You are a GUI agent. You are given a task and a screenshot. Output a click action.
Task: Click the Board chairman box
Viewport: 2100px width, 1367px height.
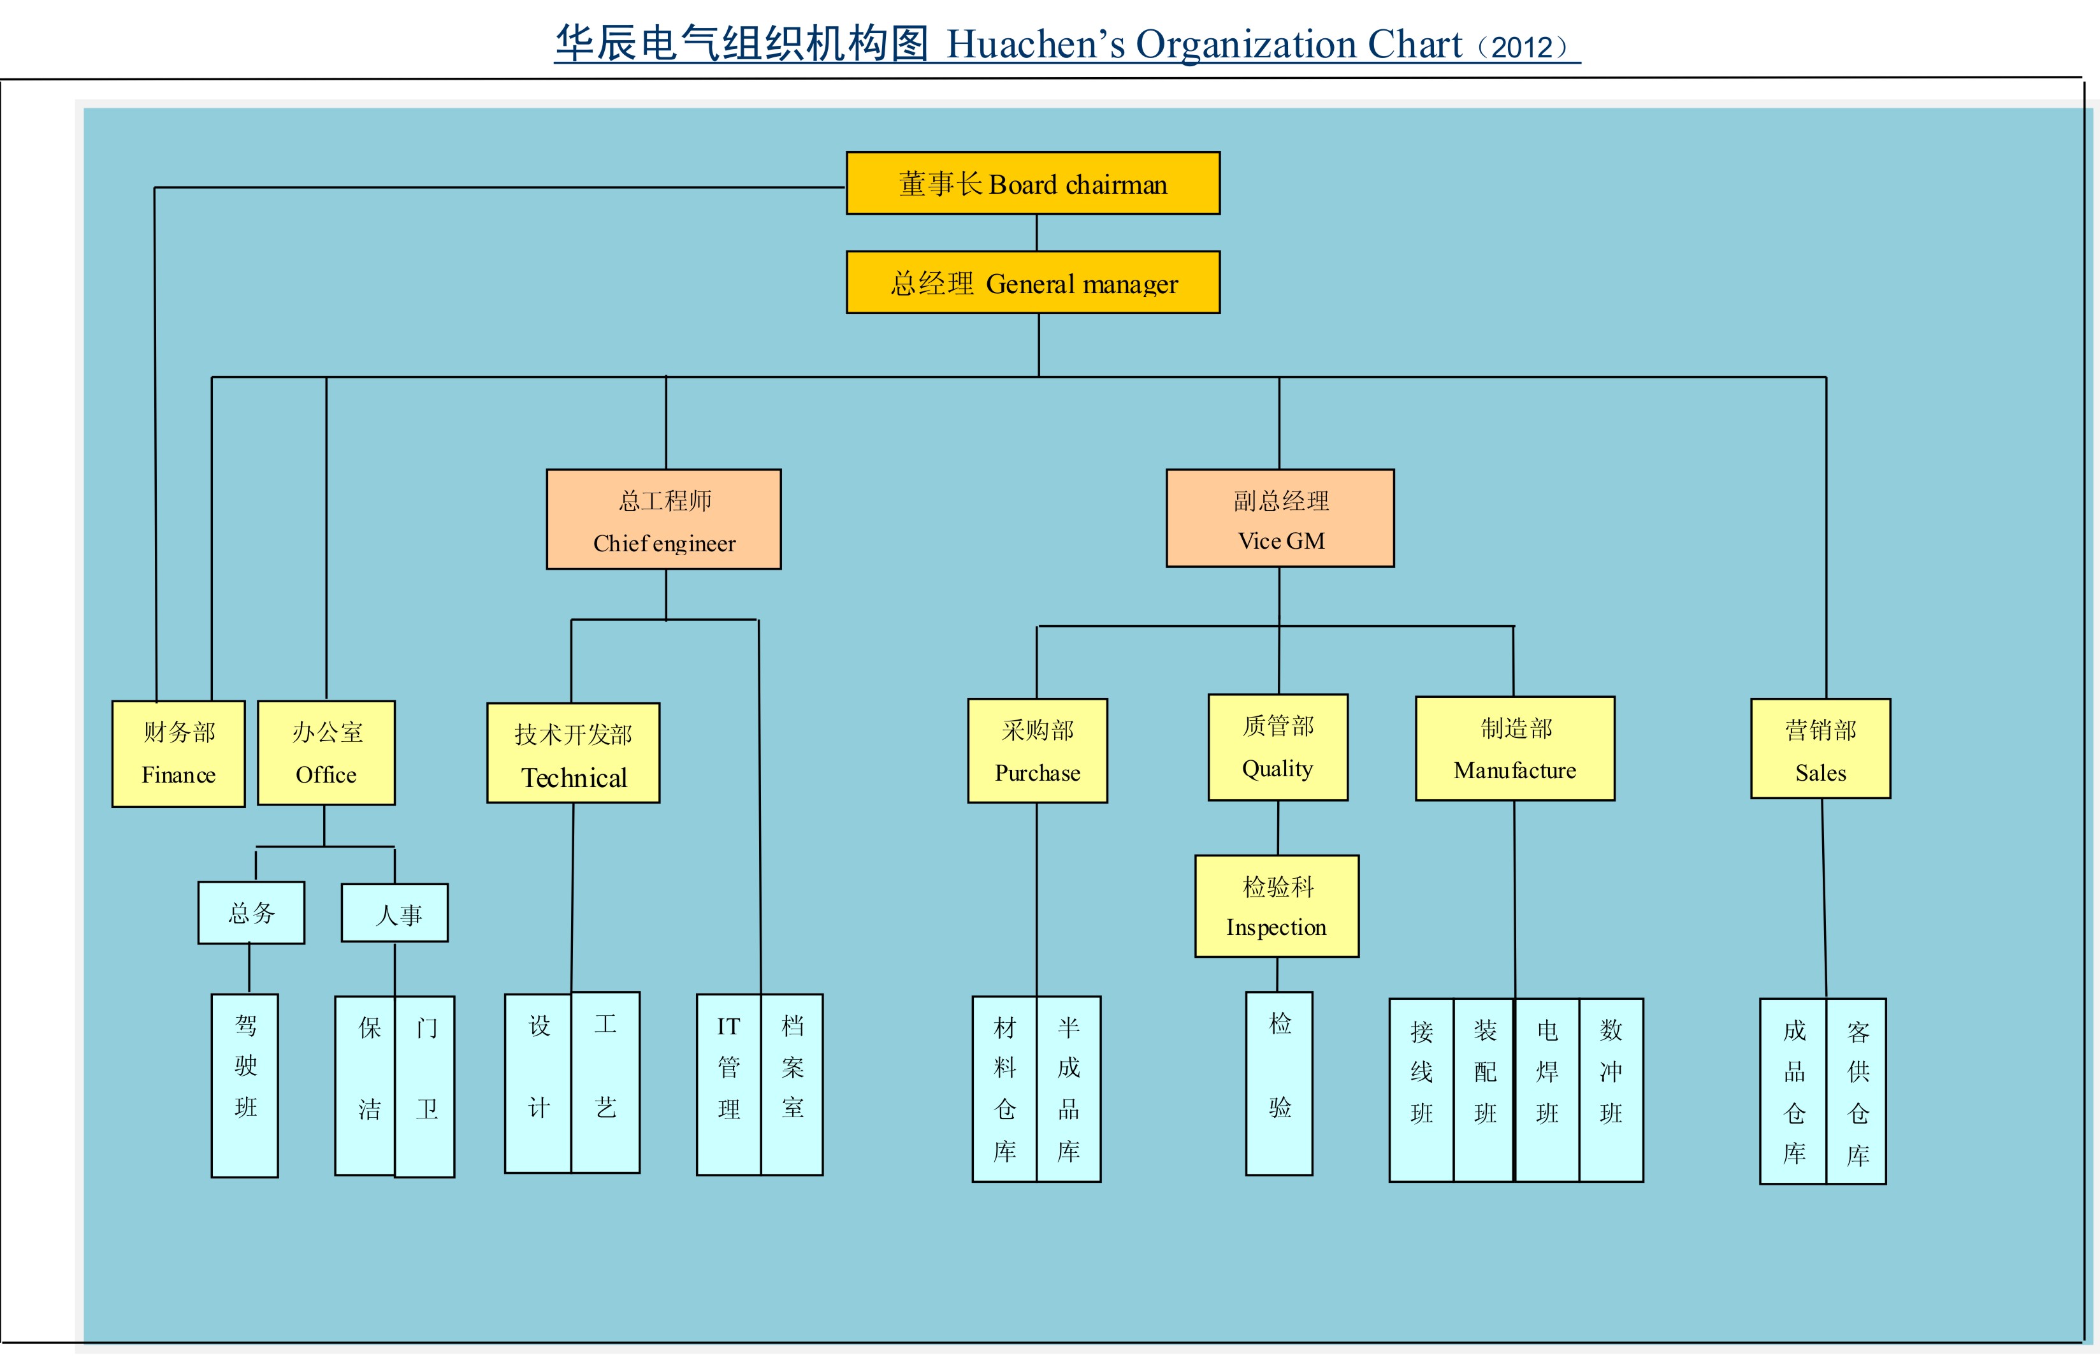[x=1033, y=183]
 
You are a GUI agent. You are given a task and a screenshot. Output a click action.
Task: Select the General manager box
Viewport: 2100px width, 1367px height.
[x=1033, y=282]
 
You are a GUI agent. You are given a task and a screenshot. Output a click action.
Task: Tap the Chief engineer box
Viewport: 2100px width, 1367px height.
[x=663, y=519]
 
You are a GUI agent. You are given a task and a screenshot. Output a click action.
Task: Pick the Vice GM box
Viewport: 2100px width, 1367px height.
[x=1280, y=518]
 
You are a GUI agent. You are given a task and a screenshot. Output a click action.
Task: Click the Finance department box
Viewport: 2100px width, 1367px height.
[x=178, y=754]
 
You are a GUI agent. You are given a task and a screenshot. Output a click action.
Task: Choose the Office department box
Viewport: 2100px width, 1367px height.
[x=326, y=753]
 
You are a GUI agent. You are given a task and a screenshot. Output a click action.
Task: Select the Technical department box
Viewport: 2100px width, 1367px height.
[x=574, y=753]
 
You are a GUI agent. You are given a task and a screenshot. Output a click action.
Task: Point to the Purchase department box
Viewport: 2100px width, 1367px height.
[x=1038, y=751]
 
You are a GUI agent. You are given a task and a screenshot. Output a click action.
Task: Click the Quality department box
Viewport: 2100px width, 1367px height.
[x=1278, y=748]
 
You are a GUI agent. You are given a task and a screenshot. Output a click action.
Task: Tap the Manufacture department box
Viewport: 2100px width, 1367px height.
[x=1515, y=748]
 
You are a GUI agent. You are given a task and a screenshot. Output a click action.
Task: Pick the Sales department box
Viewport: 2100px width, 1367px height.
[x=1820, y=748]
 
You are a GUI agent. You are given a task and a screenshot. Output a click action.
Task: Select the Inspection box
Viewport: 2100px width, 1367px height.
[x=1277, y=906]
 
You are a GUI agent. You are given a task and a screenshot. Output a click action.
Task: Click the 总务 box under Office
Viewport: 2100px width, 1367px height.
[x=252, y=913]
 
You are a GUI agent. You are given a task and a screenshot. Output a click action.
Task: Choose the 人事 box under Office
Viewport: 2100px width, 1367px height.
[x=395, y=913]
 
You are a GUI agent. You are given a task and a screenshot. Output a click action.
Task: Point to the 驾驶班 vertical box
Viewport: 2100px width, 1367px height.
[x=245, y=1085]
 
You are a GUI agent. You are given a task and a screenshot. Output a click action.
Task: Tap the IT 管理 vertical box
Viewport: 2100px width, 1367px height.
[x=729, y=1085]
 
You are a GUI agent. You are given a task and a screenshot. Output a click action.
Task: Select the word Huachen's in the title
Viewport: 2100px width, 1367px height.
[x=1036, y=44]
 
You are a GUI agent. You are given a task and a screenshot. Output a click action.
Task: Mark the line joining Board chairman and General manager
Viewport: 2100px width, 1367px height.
[x=1037, y=233]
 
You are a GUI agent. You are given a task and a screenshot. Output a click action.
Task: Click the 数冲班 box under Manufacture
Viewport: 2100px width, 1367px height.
[x=1611, y=1090]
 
